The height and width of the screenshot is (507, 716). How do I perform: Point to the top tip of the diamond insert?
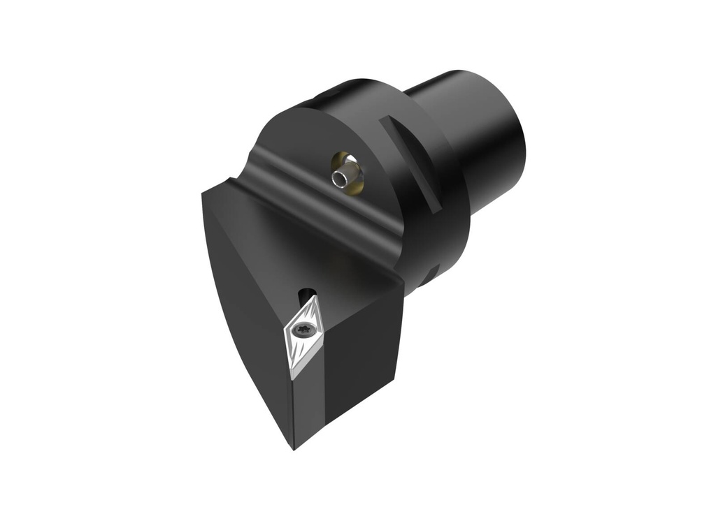316,296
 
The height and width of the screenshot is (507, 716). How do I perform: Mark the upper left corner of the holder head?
204,192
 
